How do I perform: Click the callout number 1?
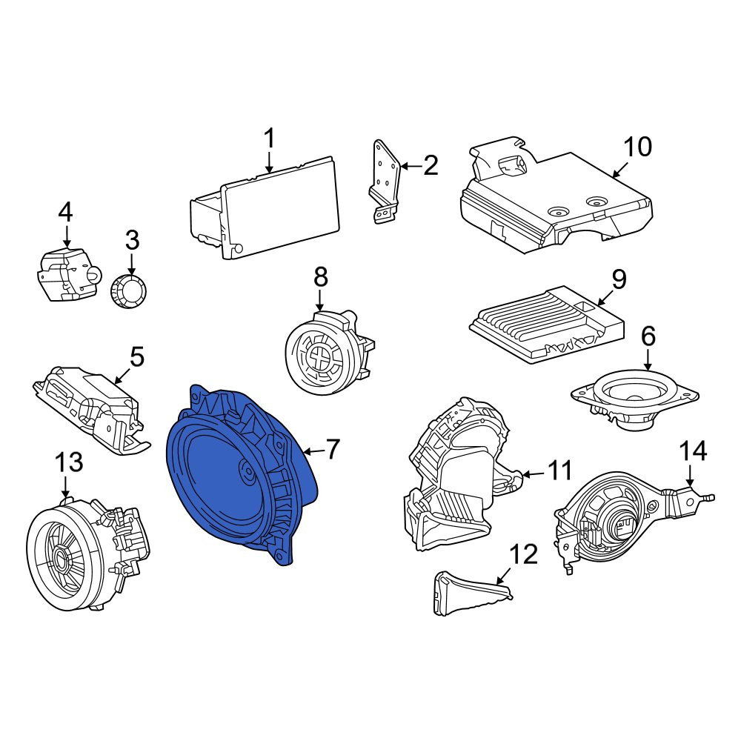click(x=269, y=139)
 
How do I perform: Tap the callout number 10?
click(x=637, y=147)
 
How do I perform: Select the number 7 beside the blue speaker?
click(x=333, y=450)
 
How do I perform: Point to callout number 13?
click(x=70, y=462)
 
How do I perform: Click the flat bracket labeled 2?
click(x=384, y=182)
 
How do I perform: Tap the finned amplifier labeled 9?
click(x=547, y=325)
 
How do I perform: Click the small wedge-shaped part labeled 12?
click(x=473, y=592)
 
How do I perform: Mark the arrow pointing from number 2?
click(x=411, y=166)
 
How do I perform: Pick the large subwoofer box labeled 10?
click(x=556, y=196)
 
